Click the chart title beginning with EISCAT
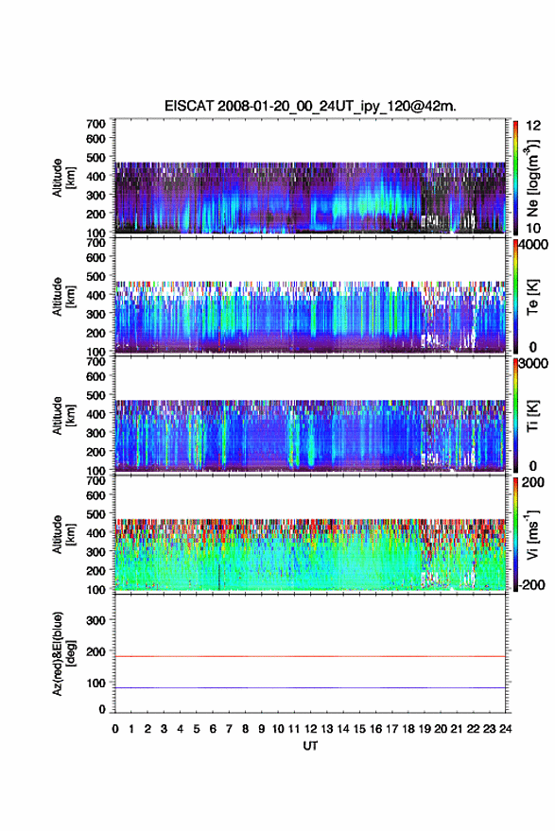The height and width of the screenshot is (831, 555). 310,106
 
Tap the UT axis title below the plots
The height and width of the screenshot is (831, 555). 310,746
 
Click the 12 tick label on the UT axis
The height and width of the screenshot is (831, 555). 311,729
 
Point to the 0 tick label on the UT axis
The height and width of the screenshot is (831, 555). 115,729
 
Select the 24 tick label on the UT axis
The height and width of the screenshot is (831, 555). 505,729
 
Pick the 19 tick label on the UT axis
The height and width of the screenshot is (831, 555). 425,729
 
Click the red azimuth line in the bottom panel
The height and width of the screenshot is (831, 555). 310,656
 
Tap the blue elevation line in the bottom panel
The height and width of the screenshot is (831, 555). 310,687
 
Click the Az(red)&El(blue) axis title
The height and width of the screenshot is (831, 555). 62,653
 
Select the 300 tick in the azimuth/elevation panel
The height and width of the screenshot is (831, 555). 95,620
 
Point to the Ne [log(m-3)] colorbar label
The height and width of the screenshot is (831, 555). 532,178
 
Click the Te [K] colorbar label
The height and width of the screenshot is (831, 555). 532,297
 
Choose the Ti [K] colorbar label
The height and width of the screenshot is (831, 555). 532,417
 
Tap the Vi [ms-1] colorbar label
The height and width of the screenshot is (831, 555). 532,535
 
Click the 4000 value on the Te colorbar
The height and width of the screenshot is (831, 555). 533,246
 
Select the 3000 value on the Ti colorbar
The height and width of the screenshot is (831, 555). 533,364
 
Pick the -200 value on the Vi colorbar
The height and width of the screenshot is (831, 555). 532,584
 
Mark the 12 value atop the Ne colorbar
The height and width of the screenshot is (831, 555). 533,126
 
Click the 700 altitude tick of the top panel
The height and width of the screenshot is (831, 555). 95,124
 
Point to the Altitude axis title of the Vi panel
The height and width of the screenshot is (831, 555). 62,534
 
